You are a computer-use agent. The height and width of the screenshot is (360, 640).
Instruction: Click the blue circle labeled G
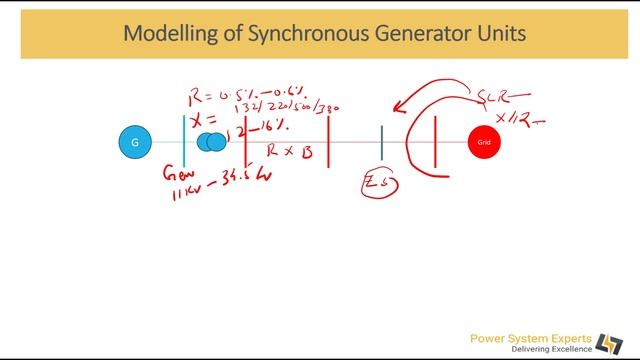point(135,143)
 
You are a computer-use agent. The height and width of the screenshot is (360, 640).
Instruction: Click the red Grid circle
point(484,143)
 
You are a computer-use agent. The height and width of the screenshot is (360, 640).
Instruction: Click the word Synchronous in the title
point(284,34)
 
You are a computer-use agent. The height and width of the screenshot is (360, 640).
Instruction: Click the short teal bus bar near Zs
point(381,142)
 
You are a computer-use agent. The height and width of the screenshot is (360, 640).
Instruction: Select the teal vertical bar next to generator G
point(184,140)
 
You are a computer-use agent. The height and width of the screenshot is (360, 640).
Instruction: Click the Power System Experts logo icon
point(608,343)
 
